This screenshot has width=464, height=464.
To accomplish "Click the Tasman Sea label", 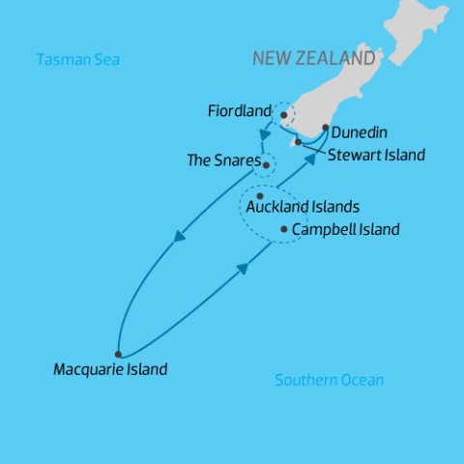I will point(77,60).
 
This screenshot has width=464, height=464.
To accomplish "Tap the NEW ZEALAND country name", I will point(314,58).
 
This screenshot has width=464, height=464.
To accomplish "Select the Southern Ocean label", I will point(329,380).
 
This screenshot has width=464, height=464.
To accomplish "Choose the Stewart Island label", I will point(376,154).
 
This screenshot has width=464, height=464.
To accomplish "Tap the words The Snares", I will point(223,160).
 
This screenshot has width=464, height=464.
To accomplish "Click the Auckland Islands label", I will point(303,207).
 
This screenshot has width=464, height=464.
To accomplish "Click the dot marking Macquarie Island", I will point(118,354).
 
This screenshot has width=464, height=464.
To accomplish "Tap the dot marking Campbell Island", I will point(283,229).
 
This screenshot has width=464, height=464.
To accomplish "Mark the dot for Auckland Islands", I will point(260,196).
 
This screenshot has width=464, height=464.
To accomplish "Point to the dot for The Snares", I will point(266,164).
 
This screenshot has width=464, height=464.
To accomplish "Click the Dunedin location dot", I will point(325,128).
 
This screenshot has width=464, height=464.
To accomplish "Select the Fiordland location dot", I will point(283,115).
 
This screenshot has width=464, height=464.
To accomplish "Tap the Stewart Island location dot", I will point(299,142).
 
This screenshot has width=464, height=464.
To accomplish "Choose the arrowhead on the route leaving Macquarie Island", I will point(242,268).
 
